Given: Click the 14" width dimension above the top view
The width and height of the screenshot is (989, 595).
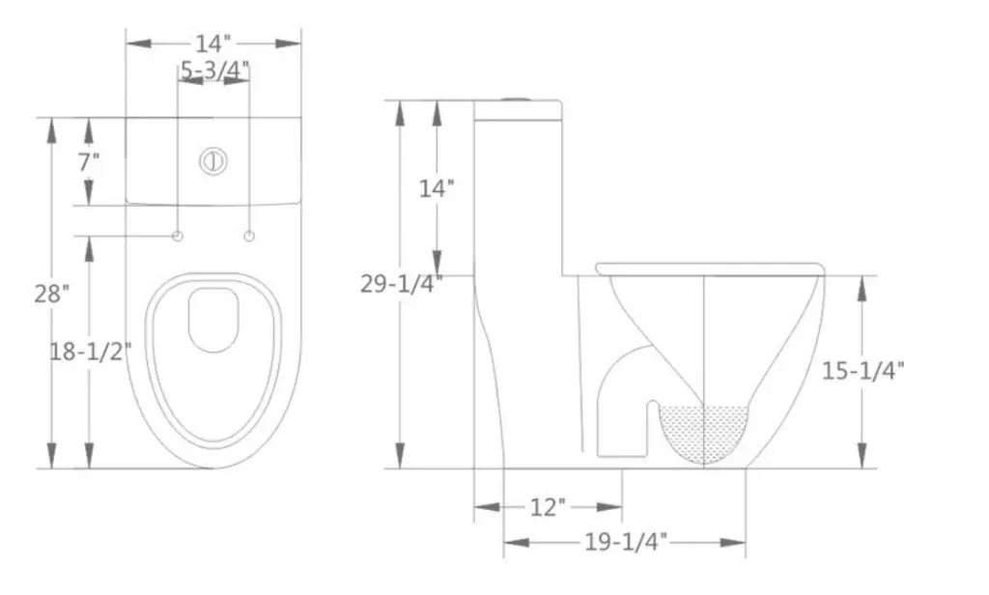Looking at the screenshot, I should click(x=213, y=43).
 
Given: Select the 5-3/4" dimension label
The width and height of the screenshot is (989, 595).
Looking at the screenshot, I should click(x=214, y=70).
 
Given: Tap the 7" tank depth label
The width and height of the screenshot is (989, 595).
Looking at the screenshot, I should click(x=89, y=161).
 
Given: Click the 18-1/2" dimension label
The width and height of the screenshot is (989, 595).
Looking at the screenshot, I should click(x=90, y=352).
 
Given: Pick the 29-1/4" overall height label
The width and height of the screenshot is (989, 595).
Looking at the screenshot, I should click(x=401, y=283).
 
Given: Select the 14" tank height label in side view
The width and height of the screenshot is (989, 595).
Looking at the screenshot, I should click(x=437, y=188).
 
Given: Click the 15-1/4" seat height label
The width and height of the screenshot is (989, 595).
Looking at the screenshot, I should click(x=862, y=371).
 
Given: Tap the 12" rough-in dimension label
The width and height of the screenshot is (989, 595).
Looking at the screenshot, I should click(x=548, y=507).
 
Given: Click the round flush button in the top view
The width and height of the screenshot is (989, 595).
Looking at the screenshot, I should click(x=213, y=161).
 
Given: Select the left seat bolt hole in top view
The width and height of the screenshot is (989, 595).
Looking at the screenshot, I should click(x=178, y=237).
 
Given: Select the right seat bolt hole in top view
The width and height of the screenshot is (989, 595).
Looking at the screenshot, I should click(x=249, y=237).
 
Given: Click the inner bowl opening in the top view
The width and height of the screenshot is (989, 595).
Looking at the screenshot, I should click(x=213, y=319).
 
